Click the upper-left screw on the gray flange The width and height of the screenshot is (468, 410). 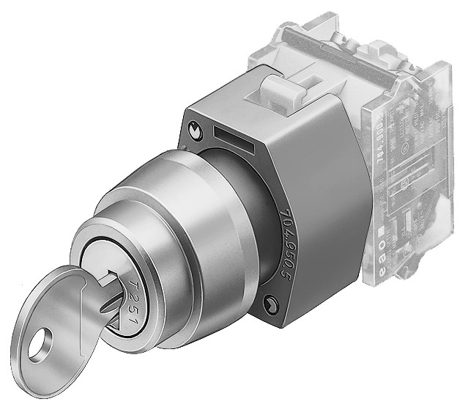[x=193, y=130]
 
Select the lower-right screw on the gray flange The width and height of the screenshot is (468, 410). [x=272, y=301]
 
